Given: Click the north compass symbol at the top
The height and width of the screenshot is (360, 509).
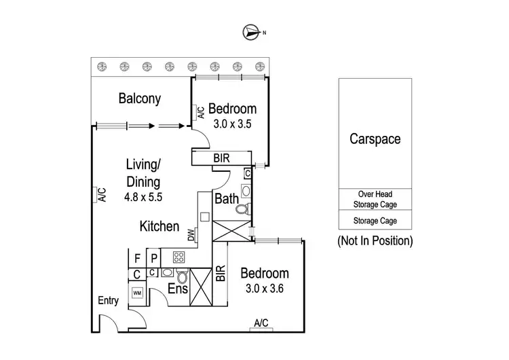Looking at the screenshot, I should (252, 31).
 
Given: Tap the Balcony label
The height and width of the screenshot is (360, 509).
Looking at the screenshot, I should (140, 98).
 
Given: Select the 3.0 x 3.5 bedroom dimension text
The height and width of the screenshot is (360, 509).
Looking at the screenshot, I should (232, 124).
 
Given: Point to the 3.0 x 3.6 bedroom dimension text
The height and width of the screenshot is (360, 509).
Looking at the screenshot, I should (265, 288).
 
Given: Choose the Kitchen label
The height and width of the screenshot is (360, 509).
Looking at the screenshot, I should (159, 226).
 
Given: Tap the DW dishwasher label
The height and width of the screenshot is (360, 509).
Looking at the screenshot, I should (191, 236).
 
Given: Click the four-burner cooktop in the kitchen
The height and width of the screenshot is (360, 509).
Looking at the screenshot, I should (180, 257).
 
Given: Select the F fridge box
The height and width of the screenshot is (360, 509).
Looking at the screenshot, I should (137, 258).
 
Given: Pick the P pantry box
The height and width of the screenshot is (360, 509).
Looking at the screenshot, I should (154, 258).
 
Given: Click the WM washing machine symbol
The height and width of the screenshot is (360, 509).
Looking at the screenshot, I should (137, 293).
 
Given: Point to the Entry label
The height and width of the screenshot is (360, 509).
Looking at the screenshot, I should (108, 301).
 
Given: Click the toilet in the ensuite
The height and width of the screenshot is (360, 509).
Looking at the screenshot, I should (181, 276).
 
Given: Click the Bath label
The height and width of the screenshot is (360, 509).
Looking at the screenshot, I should (225, 199).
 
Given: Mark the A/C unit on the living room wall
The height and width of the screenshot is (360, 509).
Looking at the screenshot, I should (100, 196).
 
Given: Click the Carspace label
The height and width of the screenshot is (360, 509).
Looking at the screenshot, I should (375, 139).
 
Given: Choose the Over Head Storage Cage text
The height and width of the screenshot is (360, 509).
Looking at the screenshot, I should (375, 199).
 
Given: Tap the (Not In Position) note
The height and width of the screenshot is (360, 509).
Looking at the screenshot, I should (375, 240).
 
